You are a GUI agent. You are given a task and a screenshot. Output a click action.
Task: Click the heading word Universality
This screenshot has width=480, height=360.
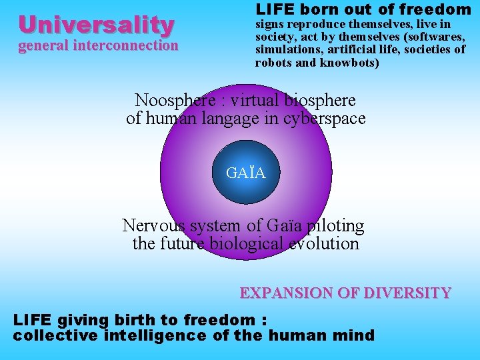pyautogui.click(x=97, y=25)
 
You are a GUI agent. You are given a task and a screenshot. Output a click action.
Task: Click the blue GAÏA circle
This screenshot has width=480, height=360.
pyautogui.click(x=246, y=173)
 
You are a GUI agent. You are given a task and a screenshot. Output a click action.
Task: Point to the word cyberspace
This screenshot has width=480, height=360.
pyautogui.click(x=328, y=119)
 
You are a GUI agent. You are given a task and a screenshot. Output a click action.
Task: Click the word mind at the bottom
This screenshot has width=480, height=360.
pyautogui.click(x=359, y=335)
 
